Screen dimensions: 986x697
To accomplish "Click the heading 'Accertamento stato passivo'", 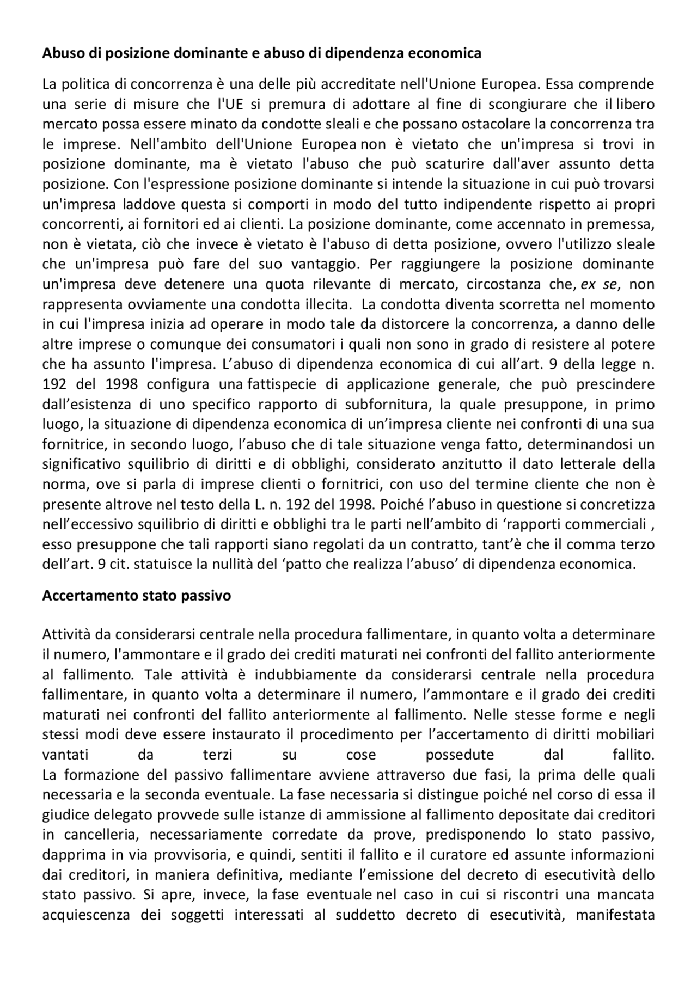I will [137, 596].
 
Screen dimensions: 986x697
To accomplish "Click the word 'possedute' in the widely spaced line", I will [460, 755].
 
